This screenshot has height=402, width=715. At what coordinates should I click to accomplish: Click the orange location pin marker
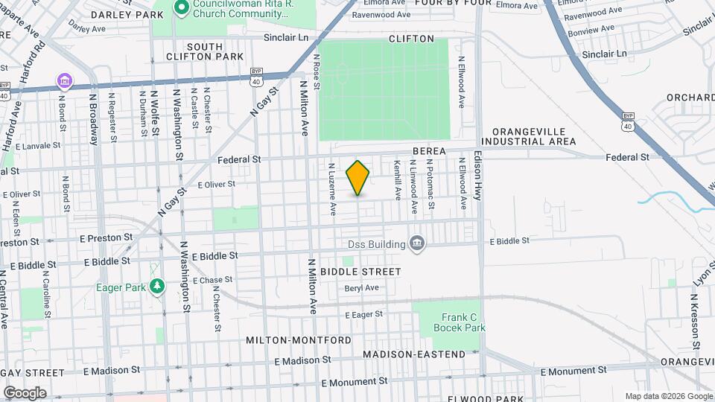coord(358,178)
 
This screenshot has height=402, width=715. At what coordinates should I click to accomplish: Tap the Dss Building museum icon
coord(417,243)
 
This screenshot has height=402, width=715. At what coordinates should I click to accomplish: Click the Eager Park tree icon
coord(156,287)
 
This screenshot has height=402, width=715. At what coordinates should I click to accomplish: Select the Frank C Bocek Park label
coord(463,322)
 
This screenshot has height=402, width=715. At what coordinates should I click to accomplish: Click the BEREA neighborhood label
coord(426,151)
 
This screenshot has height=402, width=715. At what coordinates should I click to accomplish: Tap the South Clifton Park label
coord(205,51)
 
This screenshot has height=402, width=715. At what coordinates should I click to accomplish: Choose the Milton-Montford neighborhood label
coord(299,340)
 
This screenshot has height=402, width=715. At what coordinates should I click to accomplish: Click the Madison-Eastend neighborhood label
coord(414,354)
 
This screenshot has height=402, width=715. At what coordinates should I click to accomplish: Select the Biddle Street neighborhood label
coord(361,272)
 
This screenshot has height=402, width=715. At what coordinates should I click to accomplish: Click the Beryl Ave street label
coord(362,288)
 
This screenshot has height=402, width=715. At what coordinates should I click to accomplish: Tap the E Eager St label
coord(363,315)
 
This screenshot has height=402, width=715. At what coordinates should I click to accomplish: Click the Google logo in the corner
coord(25,392)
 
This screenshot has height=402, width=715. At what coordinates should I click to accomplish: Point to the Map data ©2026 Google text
coord(668,396)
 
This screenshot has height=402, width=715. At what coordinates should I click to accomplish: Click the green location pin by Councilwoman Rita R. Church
coord(179,8)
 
